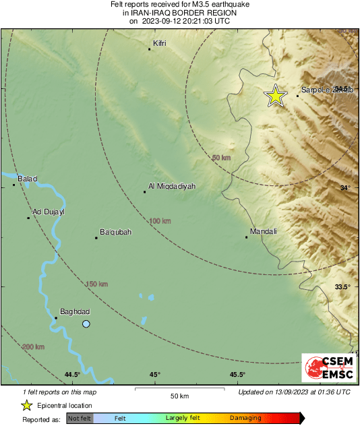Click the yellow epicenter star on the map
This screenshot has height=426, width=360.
(x=275, y=96)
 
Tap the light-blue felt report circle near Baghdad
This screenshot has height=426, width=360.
(x=86, y=324)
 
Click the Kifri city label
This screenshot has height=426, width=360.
(x=159, y=43)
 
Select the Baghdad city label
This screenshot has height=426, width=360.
(x=75, y=311)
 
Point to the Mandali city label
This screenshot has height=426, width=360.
(x=264, y=232)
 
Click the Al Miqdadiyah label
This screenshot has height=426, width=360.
(x=172, y=186)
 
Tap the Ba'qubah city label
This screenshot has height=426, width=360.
(x=115, y=233)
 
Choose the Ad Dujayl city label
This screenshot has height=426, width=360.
(x=49, y=212)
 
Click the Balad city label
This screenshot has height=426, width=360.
(x=27, y=179)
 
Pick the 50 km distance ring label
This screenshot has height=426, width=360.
(x=220, y=158)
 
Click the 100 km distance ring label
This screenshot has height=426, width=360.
(x=160, y=220)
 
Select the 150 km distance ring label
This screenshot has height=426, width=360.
(x=96, y=284)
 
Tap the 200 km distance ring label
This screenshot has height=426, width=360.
(x=34, y=346)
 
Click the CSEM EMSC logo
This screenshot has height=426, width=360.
(x=326, y=369)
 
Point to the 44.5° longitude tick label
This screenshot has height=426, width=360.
(x=72, y=375)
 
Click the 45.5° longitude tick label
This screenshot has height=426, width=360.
(x=237, y=375)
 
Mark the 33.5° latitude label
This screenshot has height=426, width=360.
(x=343, y=287)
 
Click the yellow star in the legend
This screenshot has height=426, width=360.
(x=27, y=405)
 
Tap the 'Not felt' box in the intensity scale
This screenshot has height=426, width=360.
(x=80, y=419)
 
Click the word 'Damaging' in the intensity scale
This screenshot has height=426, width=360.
(x=246, y=419)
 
